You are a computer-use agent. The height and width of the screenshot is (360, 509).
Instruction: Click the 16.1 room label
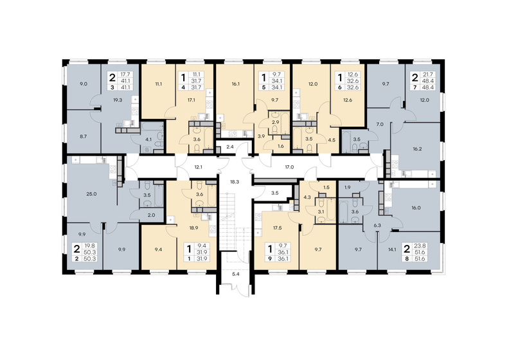coord(235,84)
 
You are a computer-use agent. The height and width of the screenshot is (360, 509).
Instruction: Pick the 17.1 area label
coord(191,100)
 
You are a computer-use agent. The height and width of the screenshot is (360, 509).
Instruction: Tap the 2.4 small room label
coord(231,147)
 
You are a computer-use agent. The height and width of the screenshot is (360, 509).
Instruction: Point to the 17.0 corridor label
coord(289,167)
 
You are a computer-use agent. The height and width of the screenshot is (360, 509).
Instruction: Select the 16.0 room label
coord(415,208)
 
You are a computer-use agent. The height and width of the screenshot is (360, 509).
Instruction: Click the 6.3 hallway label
coord(378,226)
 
